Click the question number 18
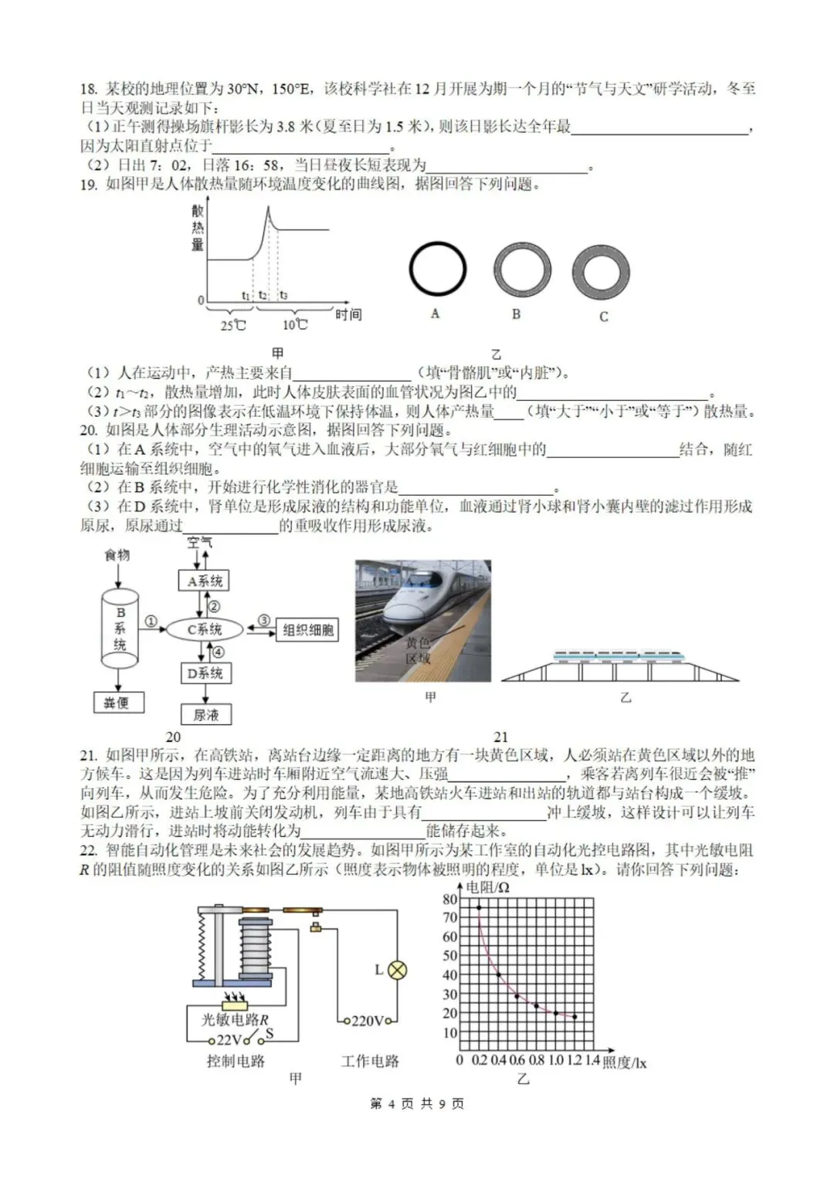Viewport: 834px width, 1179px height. coord(88,90)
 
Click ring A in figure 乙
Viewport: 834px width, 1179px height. coord(437,270)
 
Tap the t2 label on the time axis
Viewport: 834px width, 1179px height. coord(263,295)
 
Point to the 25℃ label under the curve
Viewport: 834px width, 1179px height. coord(232,325)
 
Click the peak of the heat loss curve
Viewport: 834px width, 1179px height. coord(268,208)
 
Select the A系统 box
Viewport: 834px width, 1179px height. coord(205,581)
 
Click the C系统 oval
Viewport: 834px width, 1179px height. coord(205,629)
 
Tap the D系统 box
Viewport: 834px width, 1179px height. coord(205,673)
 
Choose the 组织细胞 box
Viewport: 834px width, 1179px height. coord(307,631)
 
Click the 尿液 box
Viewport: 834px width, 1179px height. coord(205,715)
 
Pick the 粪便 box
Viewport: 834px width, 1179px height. coord(117,703)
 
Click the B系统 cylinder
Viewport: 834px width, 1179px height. coord(120,628)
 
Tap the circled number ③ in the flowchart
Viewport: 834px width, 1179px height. coord(263,621)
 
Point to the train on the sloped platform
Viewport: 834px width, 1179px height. coord(618,656)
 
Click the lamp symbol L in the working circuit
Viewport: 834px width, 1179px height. coord(397,971)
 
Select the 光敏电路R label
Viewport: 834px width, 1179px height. coord(235,1020)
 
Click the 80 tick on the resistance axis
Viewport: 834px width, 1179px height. coord(449,899)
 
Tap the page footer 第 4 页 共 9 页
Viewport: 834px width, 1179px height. coord(417,1103)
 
